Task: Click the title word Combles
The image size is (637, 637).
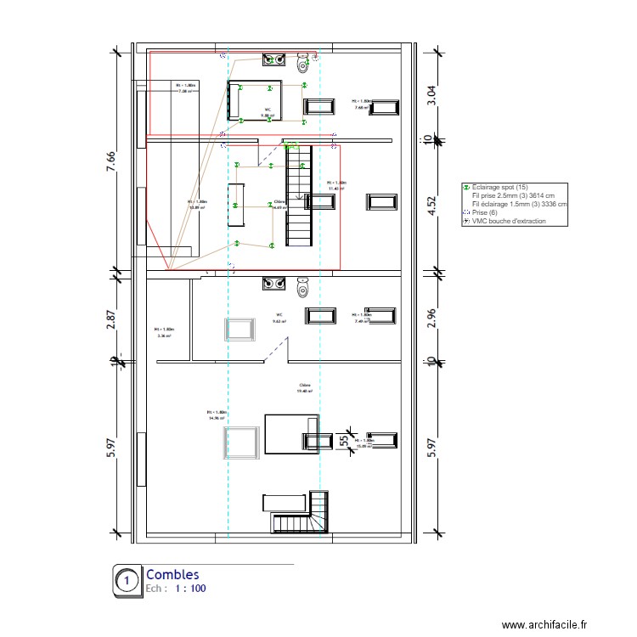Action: click(x=173, y=575)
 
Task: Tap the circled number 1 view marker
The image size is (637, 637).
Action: click(x=127, y=581)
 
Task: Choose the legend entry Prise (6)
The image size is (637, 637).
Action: click(x=484, y=212)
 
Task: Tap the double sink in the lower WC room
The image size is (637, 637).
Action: click(x=273, y=283)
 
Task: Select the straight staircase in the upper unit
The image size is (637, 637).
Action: click(x=299, y=195)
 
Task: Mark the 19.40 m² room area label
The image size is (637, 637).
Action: click(x=303, y=388)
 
